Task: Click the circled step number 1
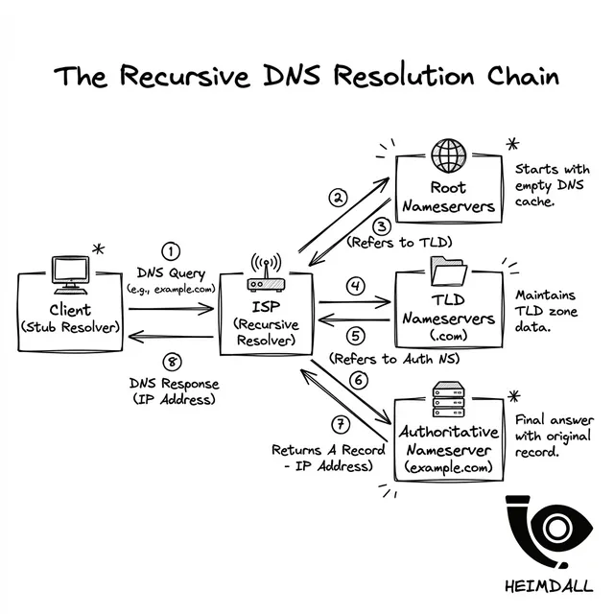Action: click(x=171, y=251)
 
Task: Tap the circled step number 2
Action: click(x=337, y=200)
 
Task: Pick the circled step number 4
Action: click(x=356, y=285)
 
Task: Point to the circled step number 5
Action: click(x=356, y=336)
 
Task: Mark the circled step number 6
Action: click(x=359, y=381)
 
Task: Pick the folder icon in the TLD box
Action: click(x=448, y=274)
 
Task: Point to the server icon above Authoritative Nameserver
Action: click(x=447, y=393)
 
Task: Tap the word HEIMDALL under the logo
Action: click(x=548, y=586)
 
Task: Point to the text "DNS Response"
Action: click(x=174, y=384)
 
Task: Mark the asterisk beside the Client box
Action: click(x=97, y=250)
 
